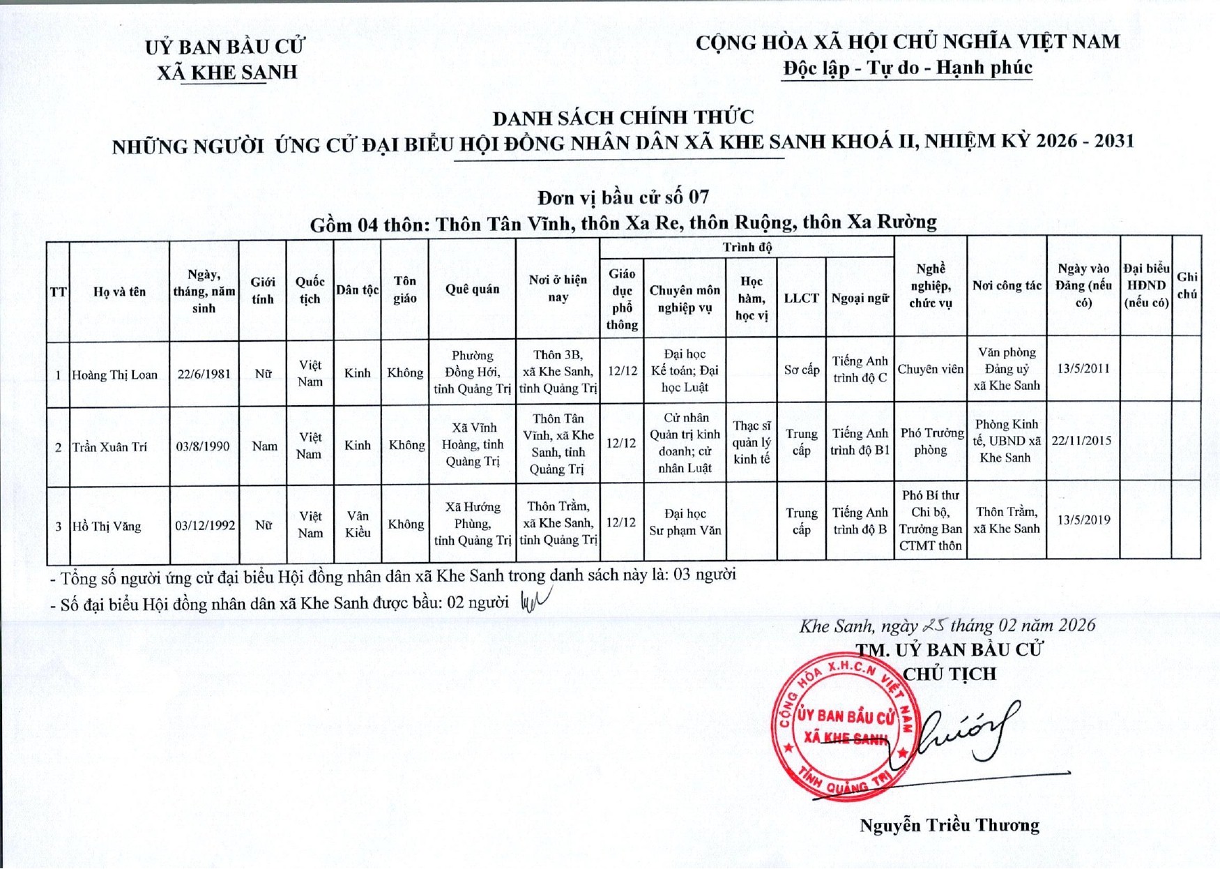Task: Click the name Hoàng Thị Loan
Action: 114,375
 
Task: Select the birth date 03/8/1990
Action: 202,446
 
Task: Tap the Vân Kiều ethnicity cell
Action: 357,524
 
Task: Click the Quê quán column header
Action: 472,289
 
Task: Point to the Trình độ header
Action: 747,247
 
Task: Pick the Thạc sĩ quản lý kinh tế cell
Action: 751,442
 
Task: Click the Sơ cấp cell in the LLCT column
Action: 801,370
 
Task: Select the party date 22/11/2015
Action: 1081,441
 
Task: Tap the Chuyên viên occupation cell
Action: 930,369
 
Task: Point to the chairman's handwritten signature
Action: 969,736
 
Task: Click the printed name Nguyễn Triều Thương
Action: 949,826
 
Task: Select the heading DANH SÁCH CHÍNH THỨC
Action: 623,117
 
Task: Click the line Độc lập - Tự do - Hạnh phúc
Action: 907,68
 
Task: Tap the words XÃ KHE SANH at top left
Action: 227,73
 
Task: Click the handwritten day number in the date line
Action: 932,626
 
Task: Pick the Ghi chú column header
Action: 1187,285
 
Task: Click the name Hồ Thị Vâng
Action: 107,527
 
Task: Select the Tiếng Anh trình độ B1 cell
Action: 860,441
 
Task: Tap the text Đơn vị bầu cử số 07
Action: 623,197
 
